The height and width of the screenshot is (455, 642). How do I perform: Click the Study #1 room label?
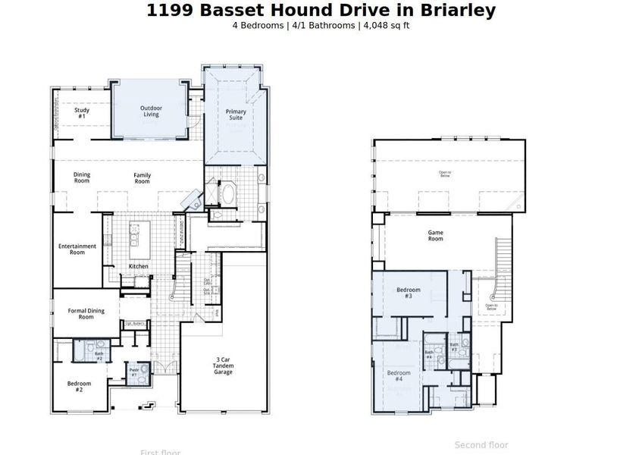pyautogui.click(x=82, y=114)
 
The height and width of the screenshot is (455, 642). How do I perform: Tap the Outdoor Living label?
pyautogui.click(x=151, y=111)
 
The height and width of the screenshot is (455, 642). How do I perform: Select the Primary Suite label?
pyautogui.click(x=236, y=115)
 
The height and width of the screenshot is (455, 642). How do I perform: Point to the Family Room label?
pyautogui.click(x=142, y=179)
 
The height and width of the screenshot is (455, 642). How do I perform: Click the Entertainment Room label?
pyautogui.click(x=77, y=249)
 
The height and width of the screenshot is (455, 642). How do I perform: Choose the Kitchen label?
pyautogui.click(x=138, y=266)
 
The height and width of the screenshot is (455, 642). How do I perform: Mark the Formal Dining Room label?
pyautogui.click(x=86, y=313)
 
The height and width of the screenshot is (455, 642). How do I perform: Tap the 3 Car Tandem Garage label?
pyautogui.click(x=223, y=366)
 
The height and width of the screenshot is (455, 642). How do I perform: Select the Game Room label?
pyautogui.click(x=435, y=236)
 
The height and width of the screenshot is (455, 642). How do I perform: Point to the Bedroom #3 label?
pyautogui.click(x=408, y=293)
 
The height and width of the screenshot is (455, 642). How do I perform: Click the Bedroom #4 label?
pyautogui.click(x=399, y=376)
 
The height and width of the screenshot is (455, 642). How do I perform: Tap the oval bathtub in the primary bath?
pyautogui.click(x=227, y=193)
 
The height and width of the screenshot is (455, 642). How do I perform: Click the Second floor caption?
pyautogui.click(x=481, y=445)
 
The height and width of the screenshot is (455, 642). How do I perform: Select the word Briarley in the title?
pyautogui.click(x=453, y=11)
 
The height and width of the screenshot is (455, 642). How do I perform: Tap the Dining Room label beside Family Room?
pyautogui.click(x=82, y=178)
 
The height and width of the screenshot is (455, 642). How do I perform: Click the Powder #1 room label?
pyautogui.click(x=134, y=372)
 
